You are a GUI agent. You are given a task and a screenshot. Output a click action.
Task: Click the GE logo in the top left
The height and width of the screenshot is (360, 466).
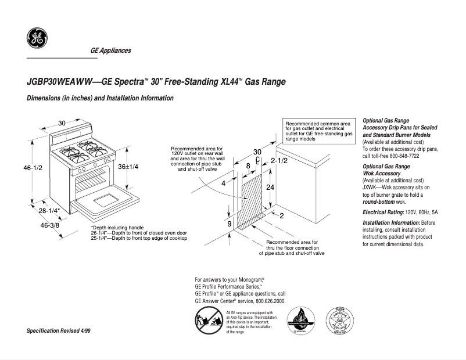pyautogui.click(x=37, y=39)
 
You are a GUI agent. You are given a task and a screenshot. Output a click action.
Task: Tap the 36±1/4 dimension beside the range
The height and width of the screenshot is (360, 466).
pyautogui.click(x=128, y=166)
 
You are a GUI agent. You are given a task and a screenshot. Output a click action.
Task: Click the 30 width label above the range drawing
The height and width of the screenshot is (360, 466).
pyautogui.click(x=62, y=123)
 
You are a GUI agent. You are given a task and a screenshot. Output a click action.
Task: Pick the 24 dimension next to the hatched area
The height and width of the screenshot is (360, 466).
pyautogui.click(x=270, y=188)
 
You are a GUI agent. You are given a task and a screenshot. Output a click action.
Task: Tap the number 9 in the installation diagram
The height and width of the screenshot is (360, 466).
pyautogui.click(x=230, y=224)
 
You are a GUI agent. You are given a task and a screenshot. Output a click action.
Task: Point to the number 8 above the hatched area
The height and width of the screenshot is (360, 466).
pyautogui.click(x=248, y=166)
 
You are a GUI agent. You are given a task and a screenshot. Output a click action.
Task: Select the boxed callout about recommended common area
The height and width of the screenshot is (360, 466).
pyautogui.click(x=319, y=131)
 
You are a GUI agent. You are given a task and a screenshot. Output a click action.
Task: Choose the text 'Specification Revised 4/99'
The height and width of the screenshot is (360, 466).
pyautogui.click(x=59, y=330)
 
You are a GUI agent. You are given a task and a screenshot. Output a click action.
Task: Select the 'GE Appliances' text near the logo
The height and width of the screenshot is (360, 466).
pyautogui.click(x=110, y=51)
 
